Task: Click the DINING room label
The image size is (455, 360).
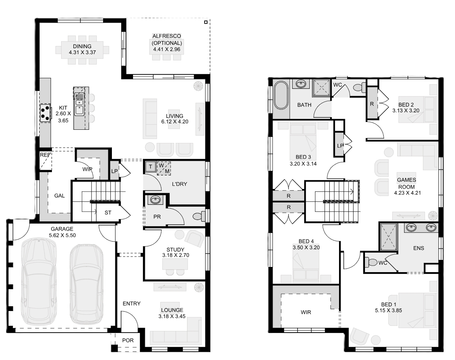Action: [82, 46]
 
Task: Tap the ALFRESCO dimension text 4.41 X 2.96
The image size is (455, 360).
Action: [167, 49]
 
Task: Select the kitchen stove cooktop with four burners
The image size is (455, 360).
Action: [45, 113]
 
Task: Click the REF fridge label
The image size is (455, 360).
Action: [45, 155]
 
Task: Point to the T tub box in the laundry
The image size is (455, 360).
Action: [150, 166]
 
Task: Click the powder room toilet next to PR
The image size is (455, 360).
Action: [199, 216]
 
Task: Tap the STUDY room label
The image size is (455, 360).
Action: [175, 250]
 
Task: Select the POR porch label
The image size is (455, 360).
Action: [128, 340]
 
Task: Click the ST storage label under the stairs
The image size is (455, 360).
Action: [108, 213]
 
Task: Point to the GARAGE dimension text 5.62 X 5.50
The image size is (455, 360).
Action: [62, 235]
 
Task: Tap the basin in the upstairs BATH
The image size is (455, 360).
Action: [300, 84]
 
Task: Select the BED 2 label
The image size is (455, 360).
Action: [406, 105]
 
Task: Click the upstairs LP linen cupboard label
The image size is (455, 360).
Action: [340, 146]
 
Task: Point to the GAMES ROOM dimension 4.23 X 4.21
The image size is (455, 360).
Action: [407, 193]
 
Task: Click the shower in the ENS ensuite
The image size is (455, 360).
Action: [389, 237]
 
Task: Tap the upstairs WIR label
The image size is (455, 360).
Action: [306, 312]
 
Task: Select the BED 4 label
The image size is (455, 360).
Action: [306, 241]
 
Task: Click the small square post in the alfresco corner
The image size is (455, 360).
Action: [206, 22]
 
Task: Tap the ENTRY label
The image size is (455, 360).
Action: [132, 304]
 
